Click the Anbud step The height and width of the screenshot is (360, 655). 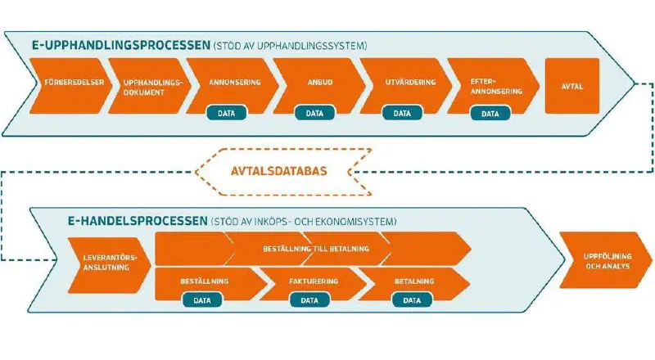[315, 83]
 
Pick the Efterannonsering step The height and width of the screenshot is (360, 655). [490, 84]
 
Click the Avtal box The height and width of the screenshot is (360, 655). [573, 84]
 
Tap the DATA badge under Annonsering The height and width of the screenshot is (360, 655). [226, 114]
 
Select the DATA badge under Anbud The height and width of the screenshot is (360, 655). [314, 114]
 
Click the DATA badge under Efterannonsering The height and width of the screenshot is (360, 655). [490, 114]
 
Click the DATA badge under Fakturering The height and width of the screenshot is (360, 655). [309, 300]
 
